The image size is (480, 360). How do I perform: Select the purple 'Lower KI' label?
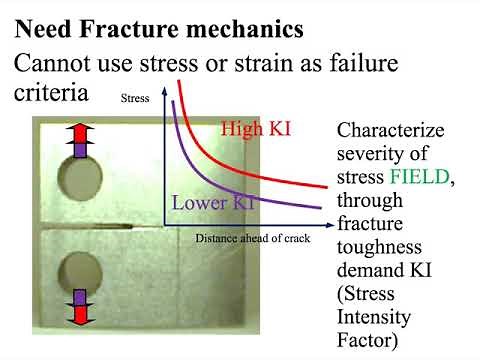pos(213,201)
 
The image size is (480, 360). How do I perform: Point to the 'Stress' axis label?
pos(134,98)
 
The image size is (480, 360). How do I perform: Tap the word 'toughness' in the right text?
pos(381,246)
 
